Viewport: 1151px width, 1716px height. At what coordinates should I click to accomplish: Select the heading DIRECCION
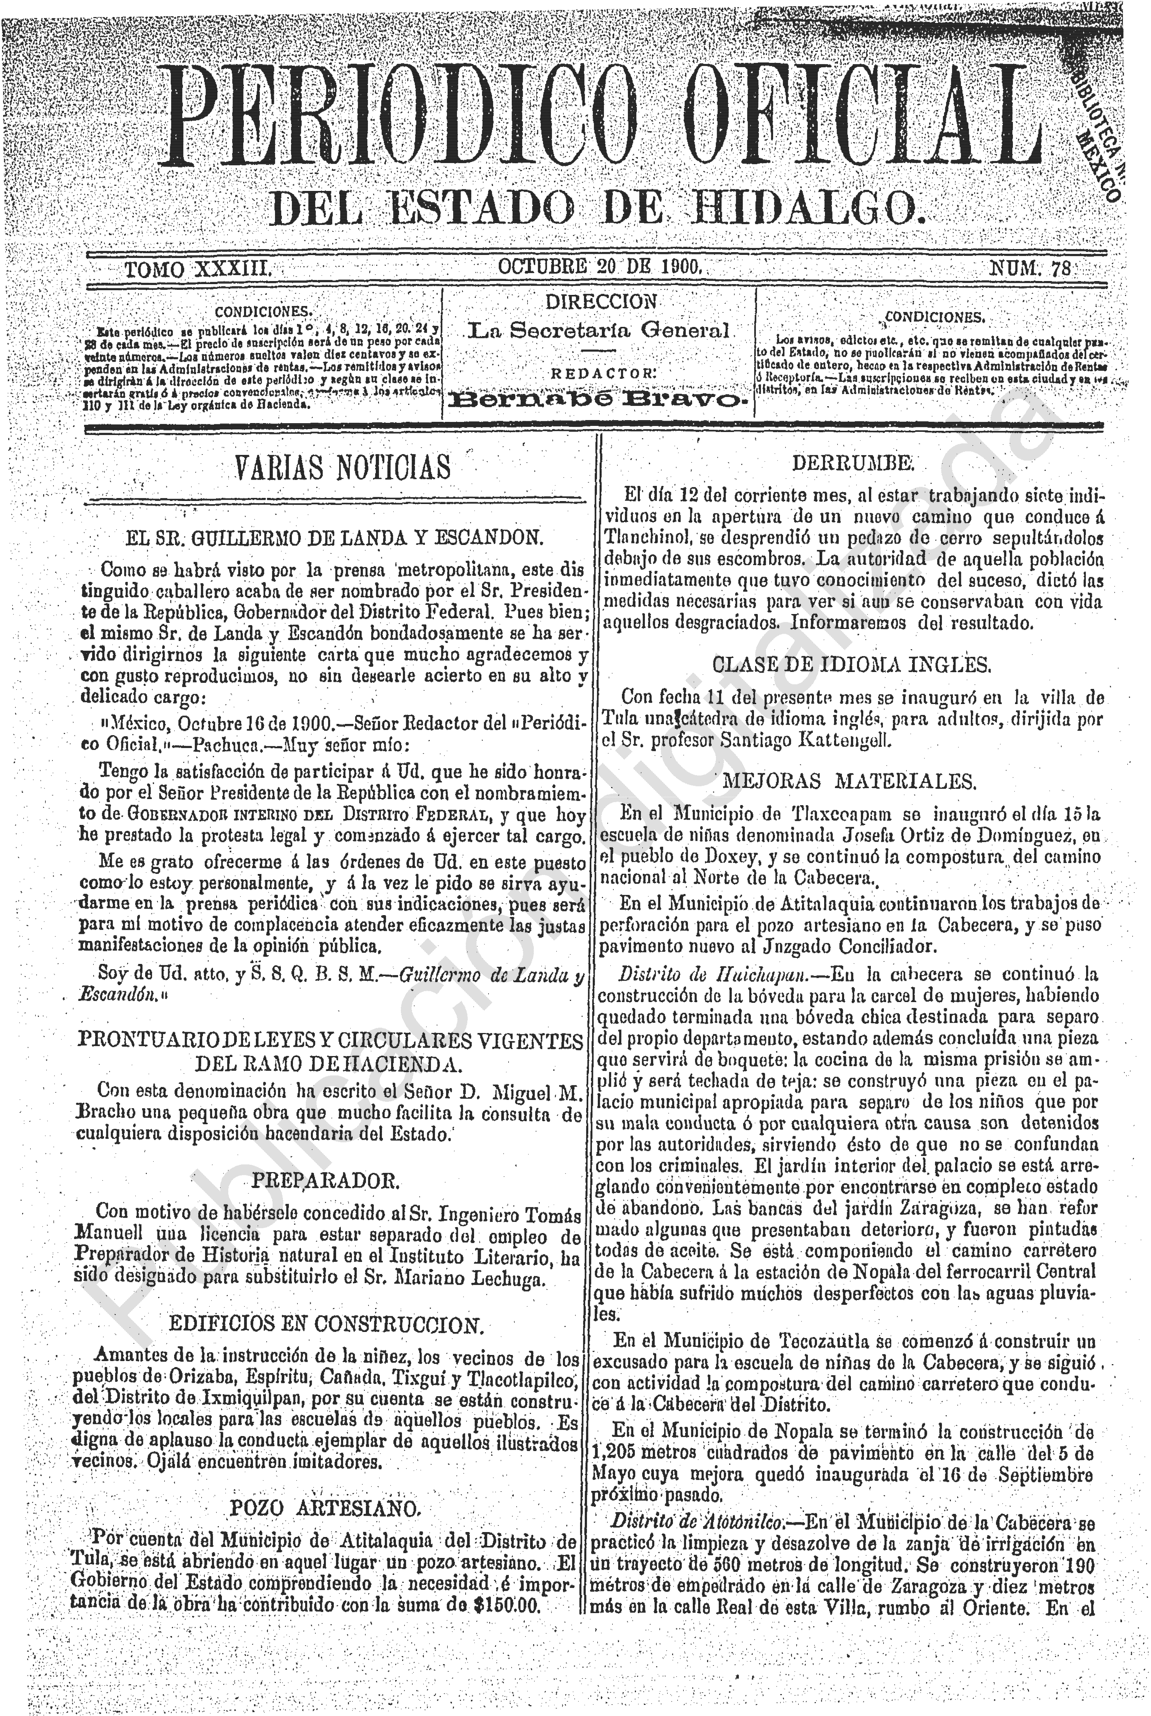(x=601, y=302)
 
